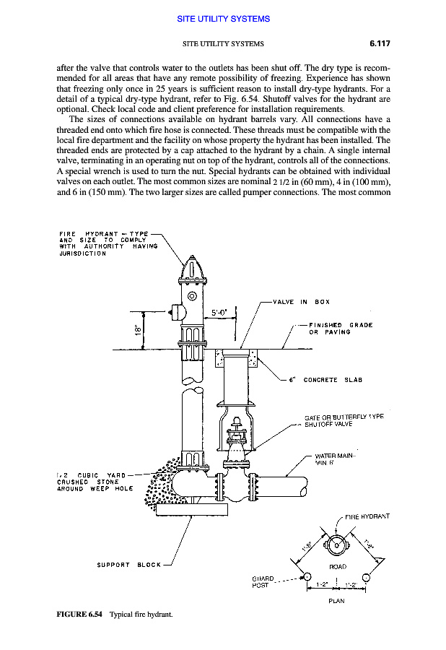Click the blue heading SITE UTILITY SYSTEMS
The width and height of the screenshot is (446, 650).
[223, 19]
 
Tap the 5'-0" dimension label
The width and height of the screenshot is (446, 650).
[219, 313]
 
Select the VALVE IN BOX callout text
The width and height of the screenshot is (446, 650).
[301, 302]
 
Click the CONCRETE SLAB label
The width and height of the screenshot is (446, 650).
[332, 379]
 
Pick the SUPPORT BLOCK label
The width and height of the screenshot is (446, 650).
[129, 564]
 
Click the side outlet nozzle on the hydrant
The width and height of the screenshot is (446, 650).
[176, 312]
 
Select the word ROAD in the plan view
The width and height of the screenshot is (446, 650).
[338, 567]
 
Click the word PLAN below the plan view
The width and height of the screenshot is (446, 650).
[336, 600]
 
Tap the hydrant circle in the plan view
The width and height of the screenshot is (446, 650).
[336, 545]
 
